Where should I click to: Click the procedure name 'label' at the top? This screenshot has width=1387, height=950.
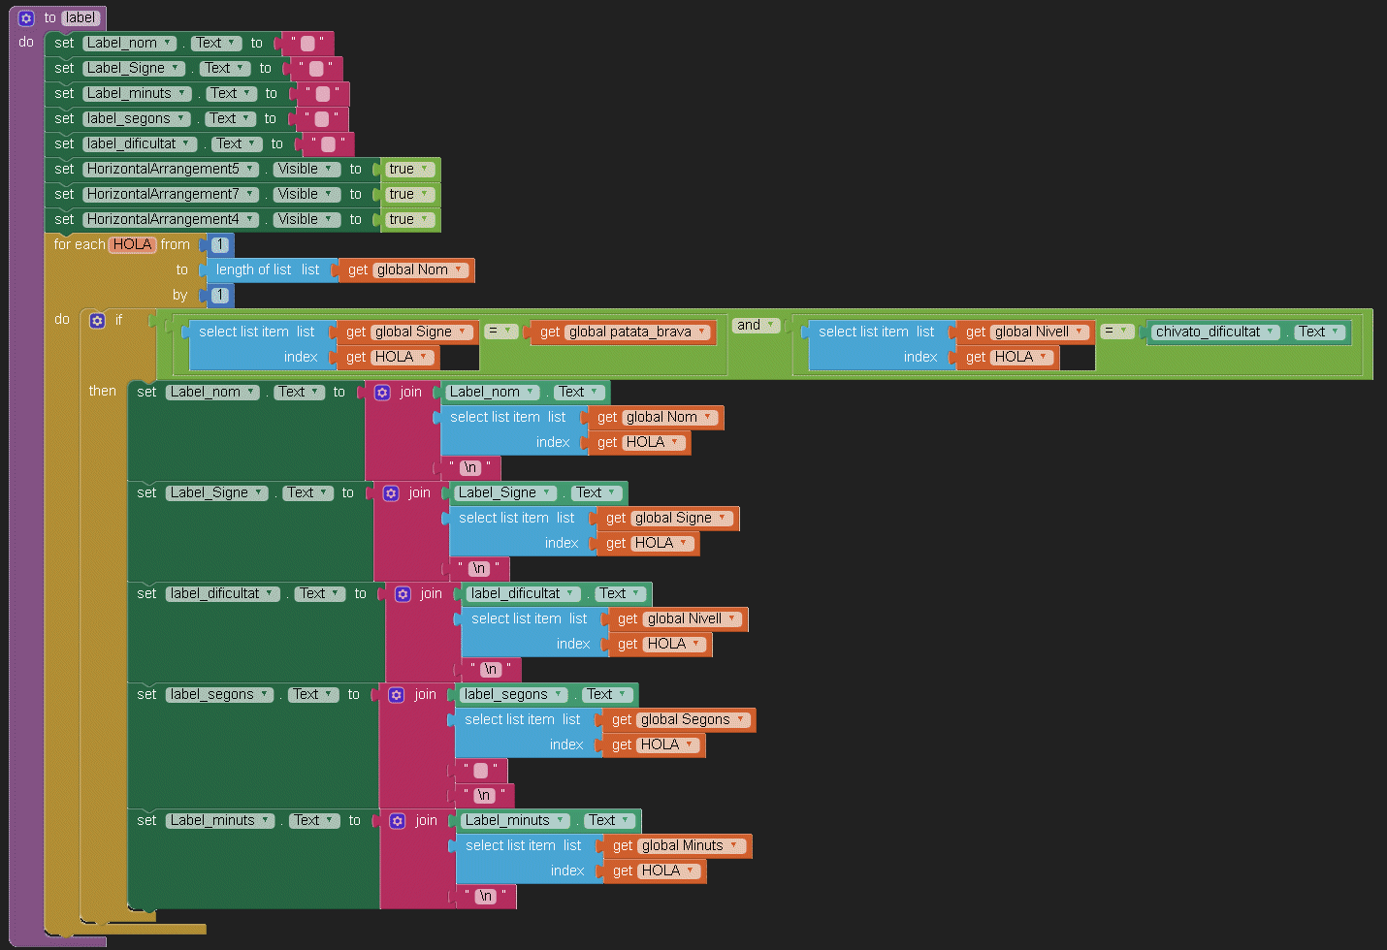(x=81, y=17)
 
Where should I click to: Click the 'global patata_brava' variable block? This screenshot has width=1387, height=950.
(x=629, y=332)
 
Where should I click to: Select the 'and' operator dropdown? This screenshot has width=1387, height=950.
(x=756, y=325)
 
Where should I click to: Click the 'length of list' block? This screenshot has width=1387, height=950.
(x=253, y=269)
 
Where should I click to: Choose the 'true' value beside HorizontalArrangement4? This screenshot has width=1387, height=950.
(x=408, y=219)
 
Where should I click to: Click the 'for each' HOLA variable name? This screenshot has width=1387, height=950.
(x=132, y=244)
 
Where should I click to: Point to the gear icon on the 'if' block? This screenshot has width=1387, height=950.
(x=97, y=320)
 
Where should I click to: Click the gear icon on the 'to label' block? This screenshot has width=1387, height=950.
(x=26, y=17)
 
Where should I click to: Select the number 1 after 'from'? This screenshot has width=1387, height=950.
(x=220, y=244)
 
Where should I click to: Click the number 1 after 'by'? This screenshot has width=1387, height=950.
(x=220, y=295)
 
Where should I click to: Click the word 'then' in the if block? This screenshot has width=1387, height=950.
(x=102, y=391)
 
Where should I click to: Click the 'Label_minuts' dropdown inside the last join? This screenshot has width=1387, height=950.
(x=515, y=820)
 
